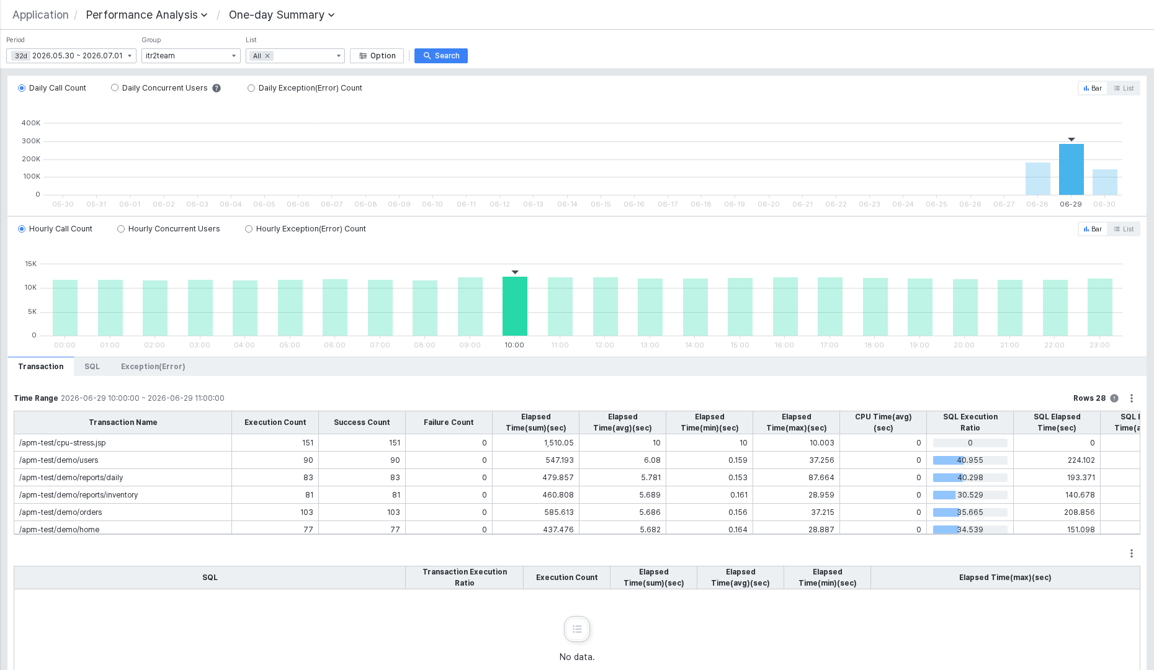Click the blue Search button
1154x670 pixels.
(441, 56)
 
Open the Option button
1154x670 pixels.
(377, 56)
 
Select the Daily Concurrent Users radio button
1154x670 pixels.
(115, 88)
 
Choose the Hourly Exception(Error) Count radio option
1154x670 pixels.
(249, 229)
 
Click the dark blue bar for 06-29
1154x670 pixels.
(1071, 169)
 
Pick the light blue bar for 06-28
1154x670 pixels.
(1037, 179)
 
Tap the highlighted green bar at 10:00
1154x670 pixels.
(514, 306)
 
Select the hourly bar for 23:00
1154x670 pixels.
(1099, 307)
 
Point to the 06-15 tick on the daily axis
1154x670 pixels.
(601, 204)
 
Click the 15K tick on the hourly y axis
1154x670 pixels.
(30, 264)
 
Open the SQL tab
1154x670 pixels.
(92, 367)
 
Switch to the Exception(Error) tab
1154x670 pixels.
(153, 367)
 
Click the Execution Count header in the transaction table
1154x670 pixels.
(275, 422)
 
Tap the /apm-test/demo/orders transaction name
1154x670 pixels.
(60, 512)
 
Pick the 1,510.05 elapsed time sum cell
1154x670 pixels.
(558, 443)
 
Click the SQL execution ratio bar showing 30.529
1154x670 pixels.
(970, 495)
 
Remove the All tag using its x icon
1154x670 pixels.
(267, 56)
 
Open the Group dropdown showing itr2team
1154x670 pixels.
(190, 56)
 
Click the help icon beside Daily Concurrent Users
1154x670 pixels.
(217, 88)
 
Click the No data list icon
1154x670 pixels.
(577, 629)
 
